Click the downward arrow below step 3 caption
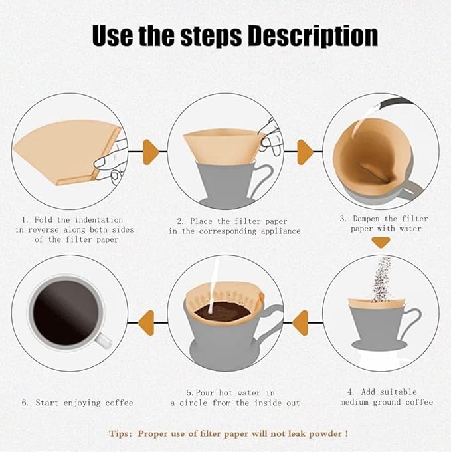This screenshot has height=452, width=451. click(380, 243)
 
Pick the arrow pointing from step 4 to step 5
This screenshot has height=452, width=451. click(301, 321)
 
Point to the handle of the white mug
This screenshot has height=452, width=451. click(102, 339)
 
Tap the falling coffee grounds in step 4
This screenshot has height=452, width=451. click(381, 279)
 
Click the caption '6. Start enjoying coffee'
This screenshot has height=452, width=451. click(78, 403)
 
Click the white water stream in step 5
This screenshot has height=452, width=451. click(214, 286)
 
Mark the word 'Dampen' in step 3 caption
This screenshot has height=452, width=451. click(371, 219)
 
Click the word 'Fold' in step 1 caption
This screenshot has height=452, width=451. click(45, 219)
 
